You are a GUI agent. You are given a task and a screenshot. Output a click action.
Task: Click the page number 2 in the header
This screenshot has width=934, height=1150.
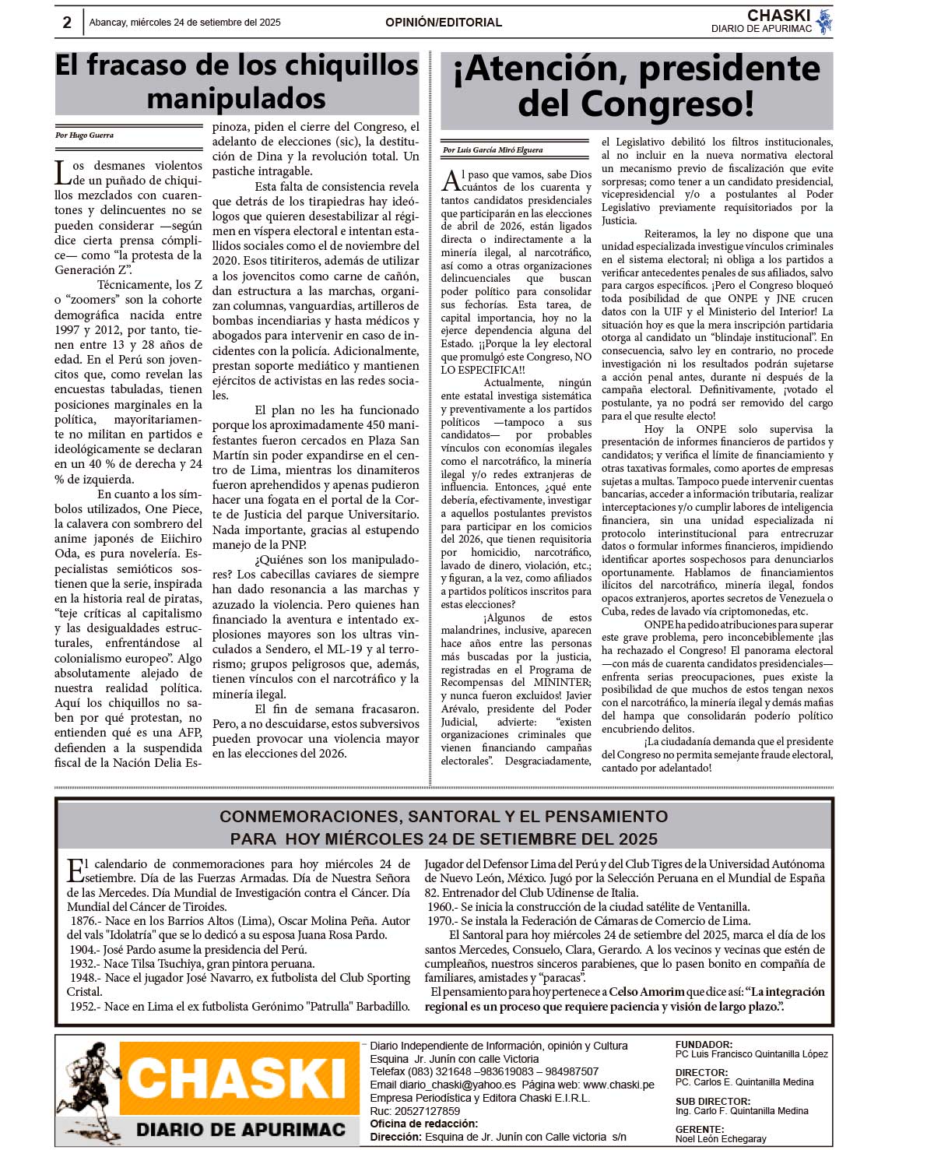[67, 23]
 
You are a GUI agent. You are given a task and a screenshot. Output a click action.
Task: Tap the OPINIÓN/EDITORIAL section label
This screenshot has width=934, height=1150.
[444, 23]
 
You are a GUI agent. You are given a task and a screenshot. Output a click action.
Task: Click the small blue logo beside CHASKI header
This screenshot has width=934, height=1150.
[824, 22]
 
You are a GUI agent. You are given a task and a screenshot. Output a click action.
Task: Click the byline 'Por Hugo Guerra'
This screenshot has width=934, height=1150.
[84, 135]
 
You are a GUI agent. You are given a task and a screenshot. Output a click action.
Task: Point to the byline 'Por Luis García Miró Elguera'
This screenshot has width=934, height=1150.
[493, 150]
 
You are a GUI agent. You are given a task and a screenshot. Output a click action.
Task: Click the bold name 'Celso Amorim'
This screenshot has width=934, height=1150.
[646, 992]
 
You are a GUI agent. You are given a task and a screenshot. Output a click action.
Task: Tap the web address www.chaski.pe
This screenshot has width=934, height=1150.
[618, 1085]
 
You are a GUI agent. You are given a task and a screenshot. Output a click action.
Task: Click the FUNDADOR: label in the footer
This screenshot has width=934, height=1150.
[704, 1045]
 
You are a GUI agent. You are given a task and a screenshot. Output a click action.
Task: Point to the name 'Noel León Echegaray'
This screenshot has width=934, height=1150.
[721, 1139]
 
